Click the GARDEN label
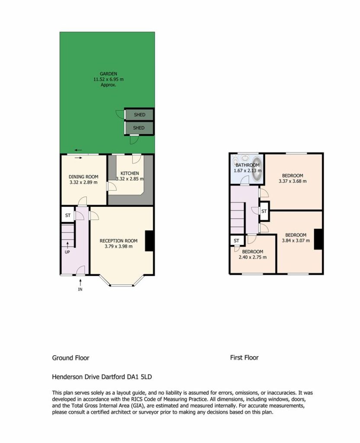tap(108, 74)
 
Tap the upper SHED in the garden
tap(139, 115)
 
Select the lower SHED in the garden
tap(139, 128)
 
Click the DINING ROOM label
tap(84, 177)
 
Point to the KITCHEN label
tap(130, 173)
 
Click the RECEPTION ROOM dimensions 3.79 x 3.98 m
tap(119, 246)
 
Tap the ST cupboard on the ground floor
tap(68, 215)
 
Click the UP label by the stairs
tap(67, 252)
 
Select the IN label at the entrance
tap(80, 289)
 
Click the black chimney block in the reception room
tap(149, 241)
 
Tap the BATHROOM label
tap(247, 165)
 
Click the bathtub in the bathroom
tap(257, 170)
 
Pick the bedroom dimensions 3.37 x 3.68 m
tap(292, 181)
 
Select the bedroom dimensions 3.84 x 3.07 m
tap(296, 241)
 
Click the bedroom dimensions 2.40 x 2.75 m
tap(253, 257)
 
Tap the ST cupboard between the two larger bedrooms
tap(264, 211)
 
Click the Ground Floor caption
tap(71, 358)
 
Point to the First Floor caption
tap(244, 358)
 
